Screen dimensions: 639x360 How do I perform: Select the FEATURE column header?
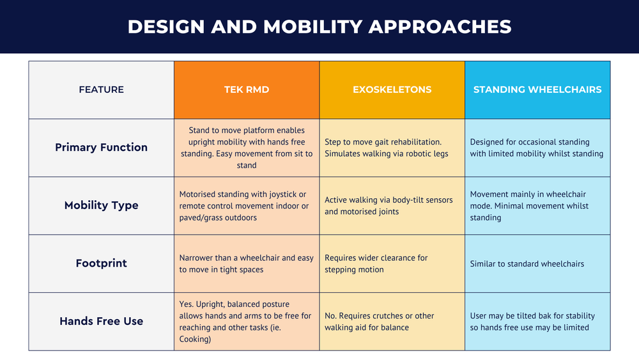coord(101,90)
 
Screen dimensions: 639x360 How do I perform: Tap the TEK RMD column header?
coord(247,90)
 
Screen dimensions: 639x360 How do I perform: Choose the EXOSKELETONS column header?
coord(392,90)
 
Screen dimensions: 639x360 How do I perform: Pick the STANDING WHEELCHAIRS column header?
coord(537,90)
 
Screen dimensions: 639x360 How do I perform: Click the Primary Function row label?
coord(101,148)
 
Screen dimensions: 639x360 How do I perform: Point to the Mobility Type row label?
coord(101,206)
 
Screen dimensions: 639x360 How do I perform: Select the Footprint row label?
coord(101,263)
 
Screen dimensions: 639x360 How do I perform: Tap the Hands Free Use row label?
coord(101,322)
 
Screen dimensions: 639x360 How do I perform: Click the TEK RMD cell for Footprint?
coord(247,263)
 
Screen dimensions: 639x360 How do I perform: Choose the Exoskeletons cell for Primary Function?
coord(392,148)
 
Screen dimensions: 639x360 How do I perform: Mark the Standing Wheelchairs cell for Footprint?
coord(537,263)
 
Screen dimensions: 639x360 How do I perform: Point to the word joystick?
coord(281,194)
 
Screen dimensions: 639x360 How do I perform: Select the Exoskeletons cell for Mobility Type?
coord(392,206)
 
